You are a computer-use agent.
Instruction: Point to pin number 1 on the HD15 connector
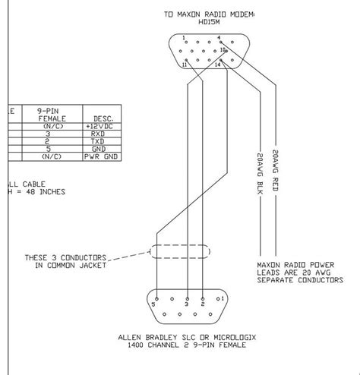182,37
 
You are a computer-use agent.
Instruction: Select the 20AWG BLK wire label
254,173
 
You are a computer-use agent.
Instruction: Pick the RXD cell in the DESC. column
98,133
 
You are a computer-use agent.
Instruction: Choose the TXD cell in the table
98,140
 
